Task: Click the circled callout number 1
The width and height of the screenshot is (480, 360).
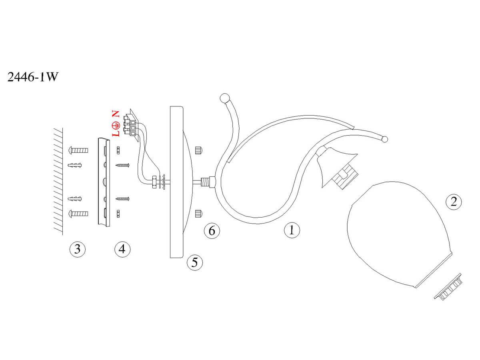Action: click(292, 230)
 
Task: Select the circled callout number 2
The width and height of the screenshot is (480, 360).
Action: click(453, 201)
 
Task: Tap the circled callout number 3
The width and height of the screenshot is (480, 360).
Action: click(77, 249)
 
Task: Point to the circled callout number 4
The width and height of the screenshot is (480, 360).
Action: click(122, 249)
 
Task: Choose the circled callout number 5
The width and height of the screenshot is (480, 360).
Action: click(195, 262)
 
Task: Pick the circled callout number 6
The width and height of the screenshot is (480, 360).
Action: click(212, 230)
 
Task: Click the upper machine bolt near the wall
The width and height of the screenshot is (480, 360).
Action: click(79, 150)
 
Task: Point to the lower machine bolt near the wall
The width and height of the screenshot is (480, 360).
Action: click(79, 213)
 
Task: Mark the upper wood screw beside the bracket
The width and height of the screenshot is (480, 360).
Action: click(123, 165)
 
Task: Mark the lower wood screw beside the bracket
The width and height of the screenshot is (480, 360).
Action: click(123, 198)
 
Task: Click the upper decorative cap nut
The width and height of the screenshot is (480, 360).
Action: click(198, 150)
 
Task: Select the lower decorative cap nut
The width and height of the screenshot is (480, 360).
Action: click(198, 213)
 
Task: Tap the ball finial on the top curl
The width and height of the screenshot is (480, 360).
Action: click(225, 98)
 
